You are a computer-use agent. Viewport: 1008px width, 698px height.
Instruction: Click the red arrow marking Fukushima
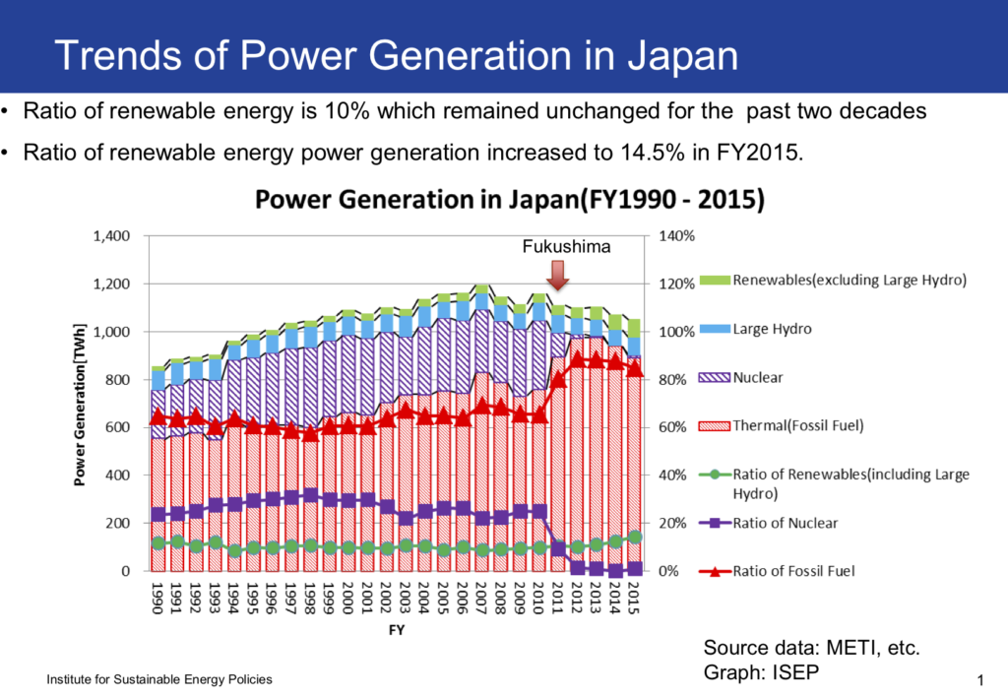(558, 275)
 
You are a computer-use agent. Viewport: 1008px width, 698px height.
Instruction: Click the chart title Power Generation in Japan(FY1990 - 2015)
(510, 200)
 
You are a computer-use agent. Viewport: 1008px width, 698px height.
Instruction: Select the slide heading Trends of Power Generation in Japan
(396, 56)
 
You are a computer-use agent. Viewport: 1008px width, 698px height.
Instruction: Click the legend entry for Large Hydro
(772, 329)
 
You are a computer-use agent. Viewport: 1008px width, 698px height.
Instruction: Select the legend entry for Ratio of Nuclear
(785, 523)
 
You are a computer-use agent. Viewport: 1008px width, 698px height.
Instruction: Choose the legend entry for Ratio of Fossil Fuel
(793, 571)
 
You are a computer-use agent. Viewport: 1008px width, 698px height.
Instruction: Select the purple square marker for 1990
(157, 515)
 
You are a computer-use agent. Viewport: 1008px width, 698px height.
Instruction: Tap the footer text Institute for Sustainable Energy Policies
(159, 680)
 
